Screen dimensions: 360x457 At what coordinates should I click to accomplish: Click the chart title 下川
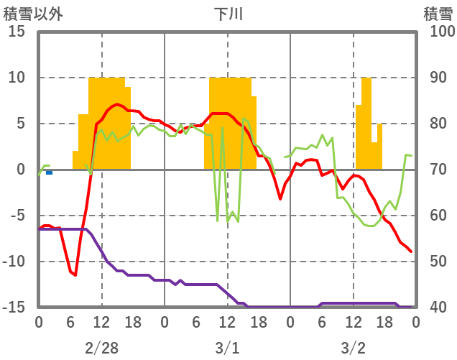228,14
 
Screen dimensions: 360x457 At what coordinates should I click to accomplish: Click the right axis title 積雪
438,14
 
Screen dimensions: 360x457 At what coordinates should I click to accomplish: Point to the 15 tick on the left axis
17,32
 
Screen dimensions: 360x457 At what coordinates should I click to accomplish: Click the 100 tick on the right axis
438,32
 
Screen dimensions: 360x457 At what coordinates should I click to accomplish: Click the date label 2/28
101,348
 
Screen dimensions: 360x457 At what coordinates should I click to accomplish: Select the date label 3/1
227,348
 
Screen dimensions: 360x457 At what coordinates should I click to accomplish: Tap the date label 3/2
353,348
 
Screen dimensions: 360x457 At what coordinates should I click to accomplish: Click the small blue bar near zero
49,172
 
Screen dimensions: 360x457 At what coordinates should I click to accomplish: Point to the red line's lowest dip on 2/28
75,274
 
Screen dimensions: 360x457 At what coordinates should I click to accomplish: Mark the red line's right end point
411,251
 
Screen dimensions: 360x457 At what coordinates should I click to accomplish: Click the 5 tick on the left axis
20,124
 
